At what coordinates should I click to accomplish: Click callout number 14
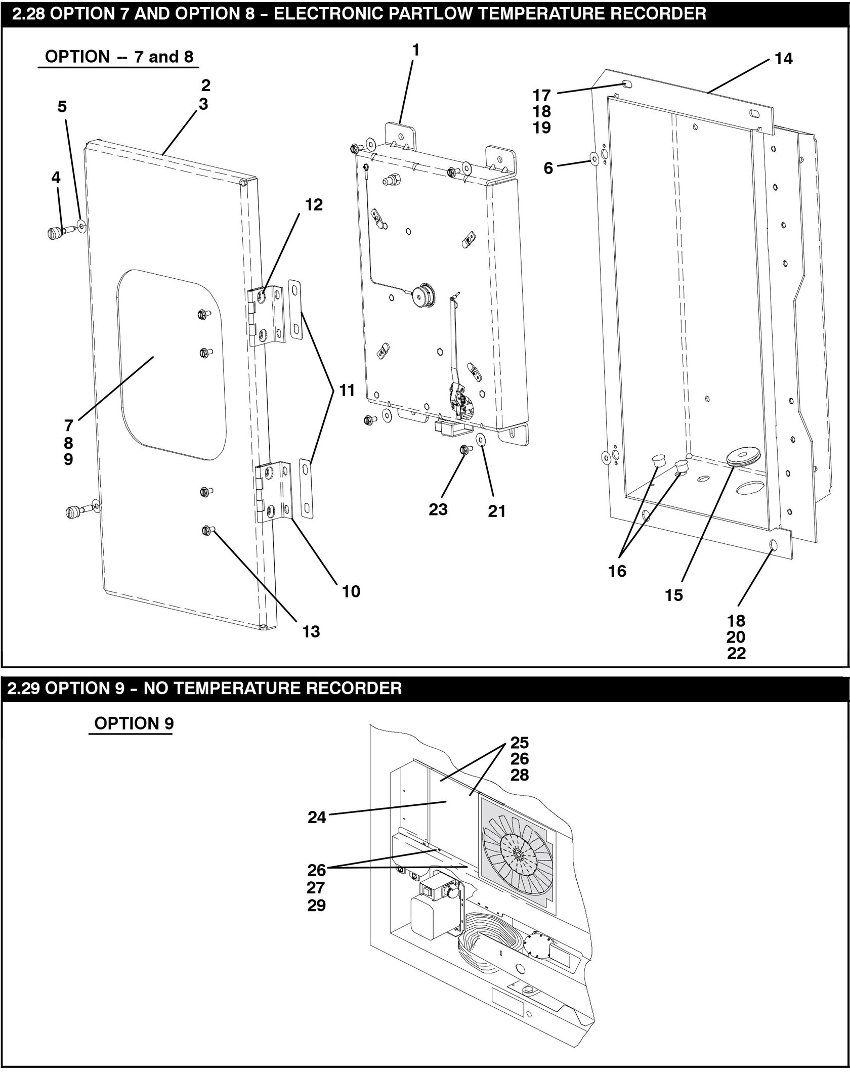point(783,59)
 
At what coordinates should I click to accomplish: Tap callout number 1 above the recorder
point(416,50)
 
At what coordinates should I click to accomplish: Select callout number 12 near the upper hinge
point(314,205)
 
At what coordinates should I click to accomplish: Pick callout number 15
point(674,595)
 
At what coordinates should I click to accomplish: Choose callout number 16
point(617,571)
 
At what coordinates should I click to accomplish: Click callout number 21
point(497,511)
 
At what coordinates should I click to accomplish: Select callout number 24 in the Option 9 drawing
point(317,818)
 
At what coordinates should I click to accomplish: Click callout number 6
point(548,168)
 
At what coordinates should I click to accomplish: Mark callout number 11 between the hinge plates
point(347,391)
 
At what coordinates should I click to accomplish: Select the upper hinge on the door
point(267,316)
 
